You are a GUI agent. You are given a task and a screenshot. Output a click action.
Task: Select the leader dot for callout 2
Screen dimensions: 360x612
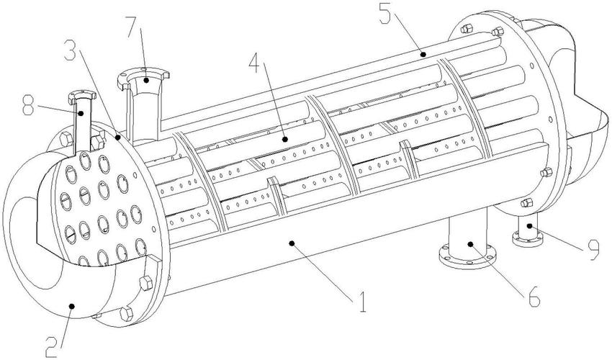[71, 306]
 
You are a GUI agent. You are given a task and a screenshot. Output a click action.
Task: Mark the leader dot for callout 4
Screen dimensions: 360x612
[285, 138]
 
